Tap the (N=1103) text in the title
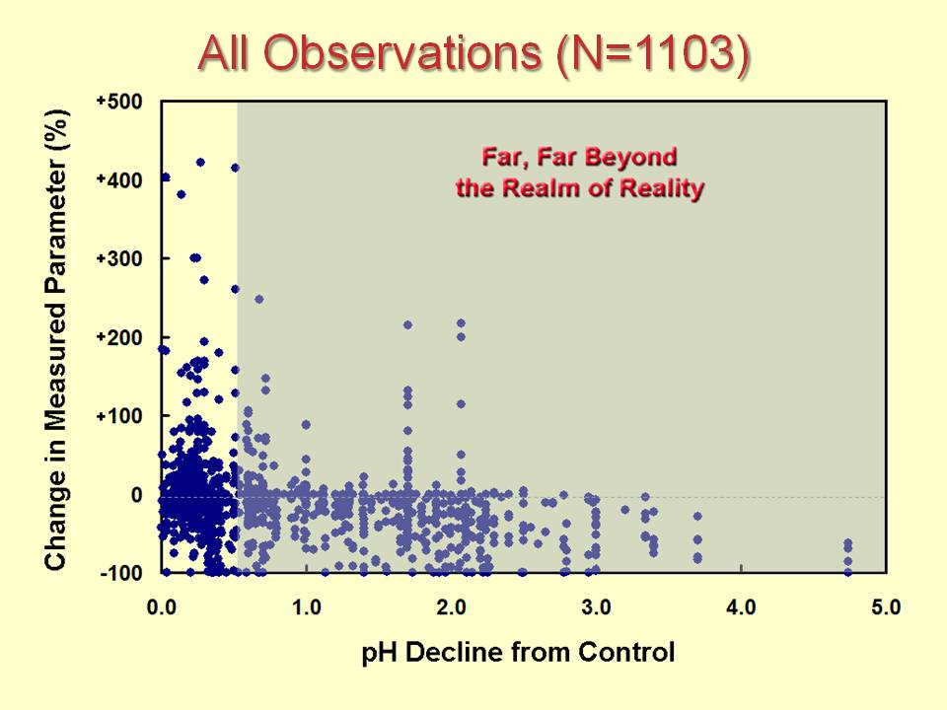click(x=650, y=56)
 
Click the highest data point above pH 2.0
click(x=461, y=322)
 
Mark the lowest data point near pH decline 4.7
click(x=847, y=571)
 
